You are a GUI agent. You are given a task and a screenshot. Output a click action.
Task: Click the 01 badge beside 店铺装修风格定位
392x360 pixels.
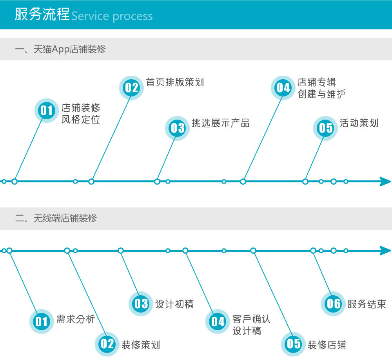click(47, 111)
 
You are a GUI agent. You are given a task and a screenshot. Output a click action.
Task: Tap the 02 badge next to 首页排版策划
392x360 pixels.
click(131, 88)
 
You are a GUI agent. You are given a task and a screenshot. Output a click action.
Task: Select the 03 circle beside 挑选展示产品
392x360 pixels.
click(177, 128)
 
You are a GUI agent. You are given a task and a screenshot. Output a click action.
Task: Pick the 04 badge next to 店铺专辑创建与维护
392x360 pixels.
click(283, 88)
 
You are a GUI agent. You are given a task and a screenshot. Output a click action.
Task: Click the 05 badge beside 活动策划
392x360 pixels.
click(325, 128)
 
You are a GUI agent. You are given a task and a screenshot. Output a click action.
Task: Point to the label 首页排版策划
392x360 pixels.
click(175, 82)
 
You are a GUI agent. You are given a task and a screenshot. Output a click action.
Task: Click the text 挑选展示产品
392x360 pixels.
click(220, 123)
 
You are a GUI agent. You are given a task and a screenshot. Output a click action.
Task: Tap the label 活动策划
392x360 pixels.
click(359, 123)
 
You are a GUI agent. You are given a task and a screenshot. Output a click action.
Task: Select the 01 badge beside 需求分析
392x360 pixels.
click(42, 322)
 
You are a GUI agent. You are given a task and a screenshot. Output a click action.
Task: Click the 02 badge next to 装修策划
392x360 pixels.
click(107, 344)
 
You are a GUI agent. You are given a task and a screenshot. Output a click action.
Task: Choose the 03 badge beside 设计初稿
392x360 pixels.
click(141, 304)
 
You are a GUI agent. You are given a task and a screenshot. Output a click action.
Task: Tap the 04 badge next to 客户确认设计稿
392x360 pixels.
click(218, 322)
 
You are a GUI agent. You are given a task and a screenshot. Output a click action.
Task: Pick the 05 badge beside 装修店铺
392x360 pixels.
click(293, 344)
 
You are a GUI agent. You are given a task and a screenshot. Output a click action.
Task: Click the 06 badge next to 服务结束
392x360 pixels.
click(333, 304)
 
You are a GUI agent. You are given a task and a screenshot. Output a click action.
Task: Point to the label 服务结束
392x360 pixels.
click(367, 304)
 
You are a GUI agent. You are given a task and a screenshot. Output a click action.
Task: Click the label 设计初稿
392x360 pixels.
click(174, 304)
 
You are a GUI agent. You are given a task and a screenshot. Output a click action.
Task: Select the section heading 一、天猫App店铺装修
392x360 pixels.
click(60, 49)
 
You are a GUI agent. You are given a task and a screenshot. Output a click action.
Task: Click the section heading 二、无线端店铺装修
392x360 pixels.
click(56, 218)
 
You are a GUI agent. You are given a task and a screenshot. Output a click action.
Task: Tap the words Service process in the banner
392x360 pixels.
click(112, 16)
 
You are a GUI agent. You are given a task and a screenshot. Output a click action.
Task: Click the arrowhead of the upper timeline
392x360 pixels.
click(385, 182)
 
